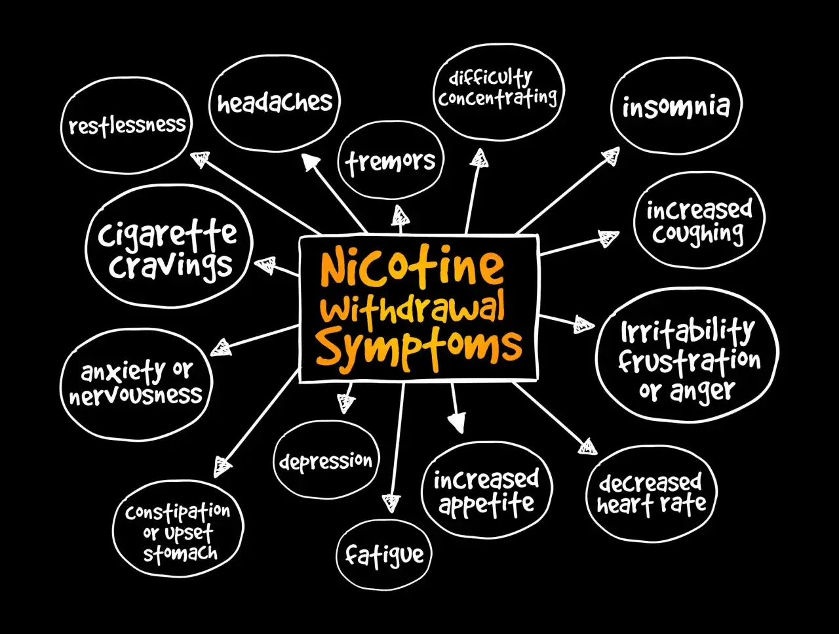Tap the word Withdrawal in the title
coord(415,310)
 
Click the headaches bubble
coord(275,103)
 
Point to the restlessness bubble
coord(127,125)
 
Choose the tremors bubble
coord(391,160)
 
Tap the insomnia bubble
coord(676,106)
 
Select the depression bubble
coord(326,460)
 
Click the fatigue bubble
coord(384,555)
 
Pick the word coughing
coord(697,234)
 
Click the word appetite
coord(486,504)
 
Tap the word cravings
coord(170,266)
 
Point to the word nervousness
coord(135,395)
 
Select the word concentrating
coord(498,98)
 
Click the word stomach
coord(180,553)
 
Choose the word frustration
coord(690,361)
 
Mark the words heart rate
coord(652,505)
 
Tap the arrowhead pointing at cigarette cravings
coord(265,265)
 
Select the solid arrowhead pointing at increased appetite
coord(457,422)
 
